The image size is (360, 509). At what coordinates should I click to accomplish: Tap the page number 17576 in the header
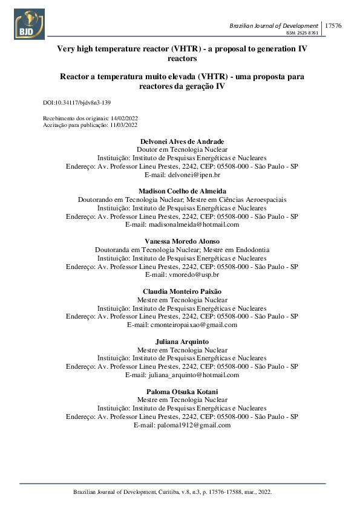(x=333, y=25)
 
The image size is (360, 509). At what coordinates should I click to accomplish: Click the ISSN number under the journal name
(x=303, y=33)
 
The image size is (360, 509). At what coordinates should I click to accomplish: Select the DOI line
(x=77, y=103)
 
